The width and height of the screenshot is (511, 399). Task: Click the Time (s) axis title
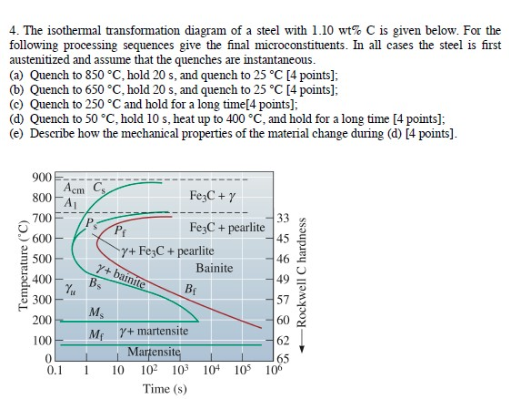pyautogui.click(x=165, y=389)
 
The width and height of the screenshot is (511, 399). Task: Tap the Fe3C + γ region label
pyautogui.click(x=211, y=196)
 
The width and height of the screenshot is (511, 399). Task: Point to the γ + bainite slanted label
pyautogui.click(x=122, y=274)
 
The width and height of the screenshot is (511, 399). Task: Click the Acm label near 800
pyautogui.click(x=74, y=189)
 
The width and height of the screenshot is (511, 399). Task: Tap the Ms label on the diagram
pyautogui.click(x=96, y=312)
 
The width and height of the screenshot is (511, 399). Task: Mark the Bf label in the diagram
pyautogui.click(x=190, y=290)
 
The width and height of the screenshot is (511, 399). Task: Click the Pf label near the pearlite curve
pyautogui.click(x=118, y=230)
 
